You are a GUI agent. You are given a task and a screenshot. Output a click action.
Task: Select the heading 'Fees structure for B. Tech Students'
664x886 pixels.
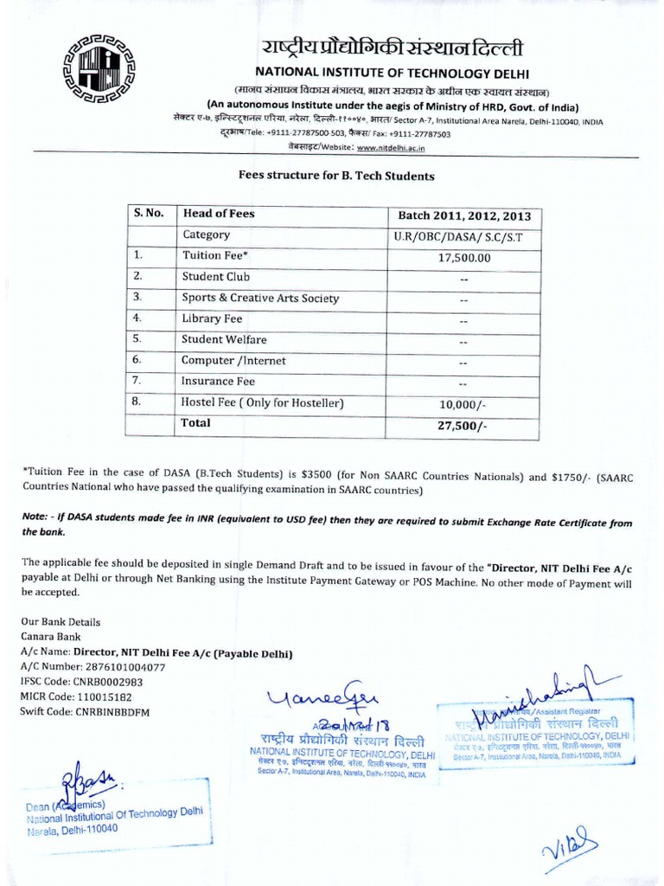coord(336,175)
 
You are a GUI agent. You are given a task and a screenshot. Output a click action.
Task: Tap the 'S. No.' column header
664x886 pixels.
coord(149,214)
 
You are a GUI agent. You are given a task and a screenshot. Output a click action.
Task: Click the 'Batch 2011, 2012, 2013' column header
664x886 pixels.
coord(464,215)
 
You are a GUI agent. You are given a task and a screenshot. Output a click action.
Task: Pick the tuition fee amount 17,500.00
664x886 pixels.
coord(464,257)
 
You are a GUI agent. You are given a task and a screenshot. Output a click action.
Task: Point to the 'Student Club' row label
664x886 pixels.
coord(215,277)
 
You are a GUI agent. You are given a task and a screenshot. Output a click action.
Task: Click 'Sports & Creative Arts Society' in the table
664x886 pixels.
coord(260,298)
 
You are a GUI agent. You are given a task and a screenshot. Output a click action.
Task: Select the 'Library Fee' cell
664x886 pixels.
coord(212,318)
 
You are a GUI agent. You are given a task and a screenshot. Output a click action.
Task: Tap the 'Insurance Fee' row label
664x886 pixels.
coord(218,381)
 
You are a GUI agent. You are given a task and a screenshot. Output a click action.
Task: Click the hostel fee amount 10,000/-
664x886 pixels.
coord(464,404)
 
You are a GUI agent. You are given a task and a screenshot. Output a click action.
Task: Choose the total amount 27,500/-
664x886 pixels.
coord(464,426)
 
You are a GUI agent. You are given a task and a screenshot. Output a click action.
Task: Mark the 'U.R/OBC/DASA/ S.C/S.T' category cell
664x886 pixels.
coord(464,236)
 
